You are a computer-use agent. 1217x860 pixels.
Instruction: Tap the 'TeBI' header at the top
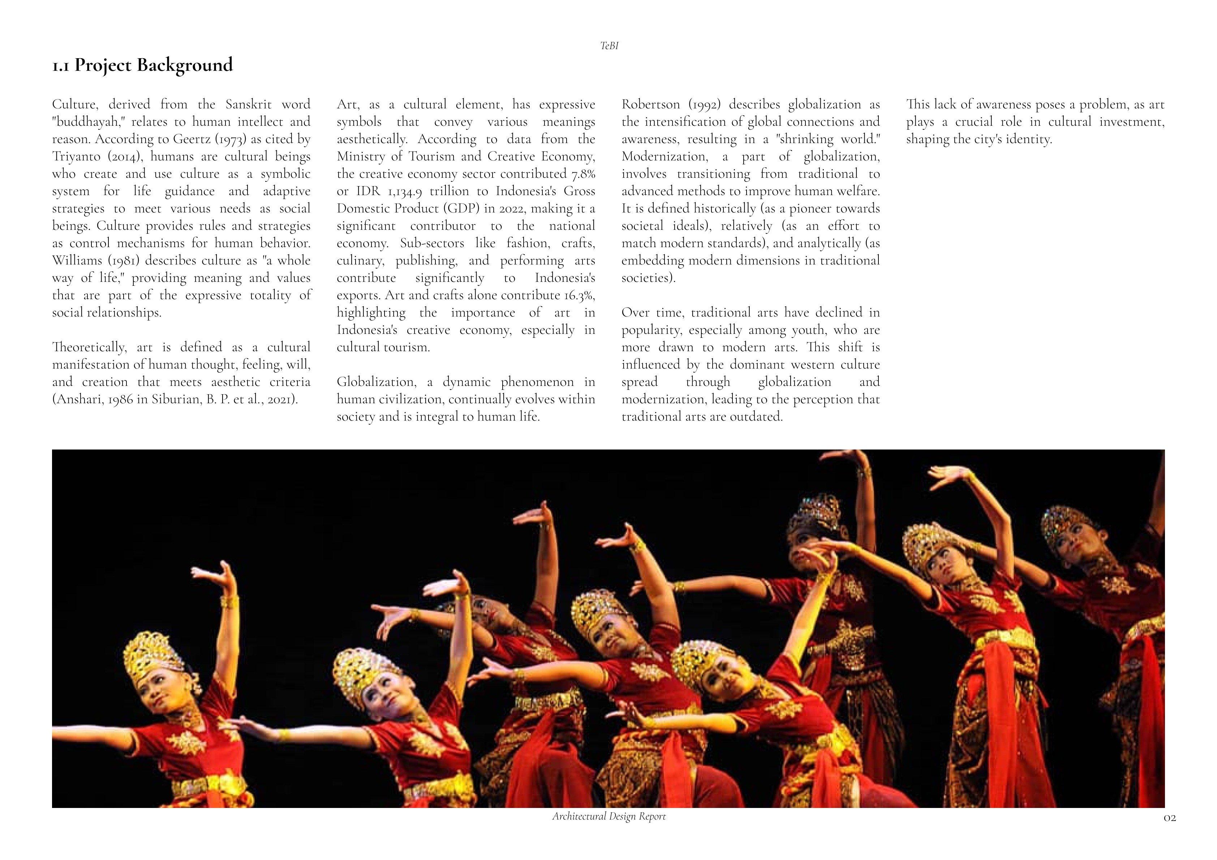point(609,46)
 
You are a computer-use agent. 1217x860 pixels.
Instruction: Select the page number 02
point(1169,833)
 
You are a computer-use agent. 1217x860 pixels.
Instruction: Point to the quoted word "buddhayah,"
point(87,122)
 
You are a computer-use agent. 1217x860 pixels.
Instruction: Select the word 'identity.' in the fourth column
point(1029,139)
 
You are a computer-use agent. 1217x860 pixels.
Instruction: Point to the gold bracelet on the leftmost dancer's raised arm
point(228,602)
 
